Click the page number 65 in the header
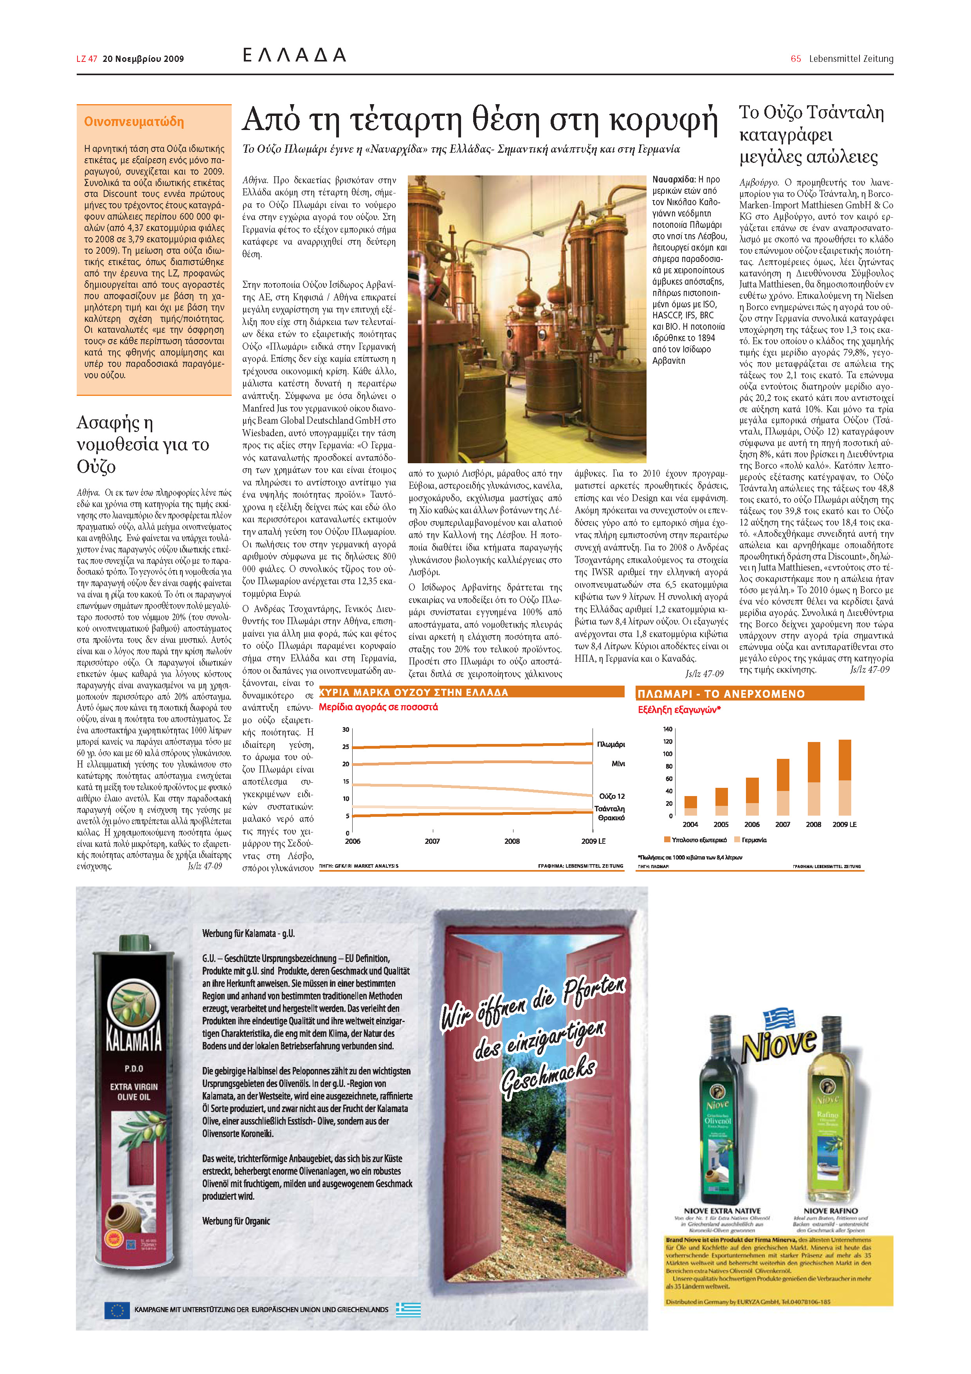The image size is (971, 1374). point(795,59)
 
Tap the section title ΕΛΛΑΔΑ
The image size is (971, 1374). point(294,56)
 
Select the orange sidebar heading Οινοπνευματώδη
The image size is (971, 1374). point(133,122)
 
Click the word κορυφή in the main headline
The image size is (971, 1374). point(664,120)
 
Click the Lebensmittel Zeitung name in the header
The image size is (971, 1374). point(851,59)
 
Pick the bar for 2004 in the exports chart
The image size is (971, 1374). point(690,805)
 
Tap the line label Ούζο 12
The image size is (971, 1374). point(611,796)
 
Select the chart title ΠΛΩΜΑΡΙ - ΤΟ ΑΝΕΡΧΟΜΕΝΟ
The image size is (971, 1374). point(721,694)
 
